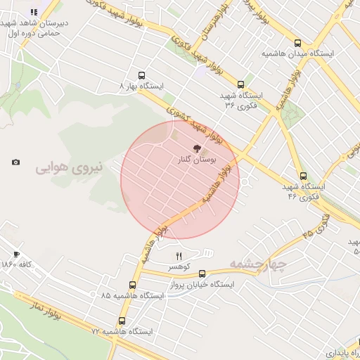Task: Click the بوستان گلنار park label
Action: pyautogui.click(x=198, y=161)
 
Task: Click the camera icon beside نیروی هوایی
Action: pyautogui.click(x=16, y=162)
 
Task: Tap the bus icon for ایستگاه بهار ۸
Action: pyautogui.click(x=143, y=75)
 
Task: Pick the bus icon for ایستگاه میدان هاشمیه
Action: pyautogui.click(x=297, y=43)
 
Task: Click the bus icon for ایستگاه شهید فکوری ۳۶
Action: pyautogui.click(x=241, y=84)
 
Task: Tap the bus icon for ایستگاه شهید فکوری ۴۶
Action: pyautogui.click(x=303, y=176)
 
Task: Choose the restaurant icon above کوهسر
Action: pyautogui.click(x=178, y=255)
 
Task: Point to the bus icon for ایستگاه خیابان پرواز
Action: pyautogui.click(x=202, y=274)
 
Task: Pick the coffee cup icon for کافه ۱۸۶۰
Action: pyautogui.click(x=16, y=255)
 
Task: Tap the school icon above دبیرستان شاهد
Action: pyautogui.click(x=34, y=12)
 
